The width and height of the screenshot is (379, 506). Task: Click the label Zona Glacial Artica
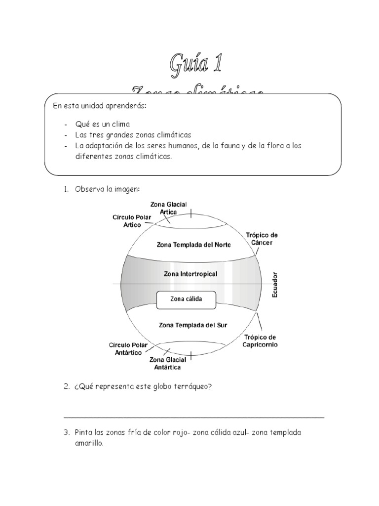point(169,208)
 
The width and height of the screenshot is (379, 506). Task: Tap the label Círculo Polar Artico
point(132,220)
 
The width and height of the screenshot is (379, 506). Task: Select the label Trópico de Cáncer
point(262,239)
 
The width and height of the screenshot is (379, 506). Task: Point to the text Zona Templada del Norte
point(193,244)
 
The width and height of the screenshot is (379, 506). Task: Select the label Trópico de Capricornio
point(260,340)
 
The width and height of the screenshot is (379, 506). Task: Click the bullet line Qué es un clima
point(102,124)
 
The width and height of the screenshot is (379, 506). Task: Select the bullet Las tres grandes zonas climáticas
point(133,134)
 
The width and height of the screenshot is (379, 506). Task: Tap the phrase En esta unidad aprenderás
point(93,106)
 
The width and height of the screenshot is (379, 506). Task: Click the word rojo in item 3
point(181,433)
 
